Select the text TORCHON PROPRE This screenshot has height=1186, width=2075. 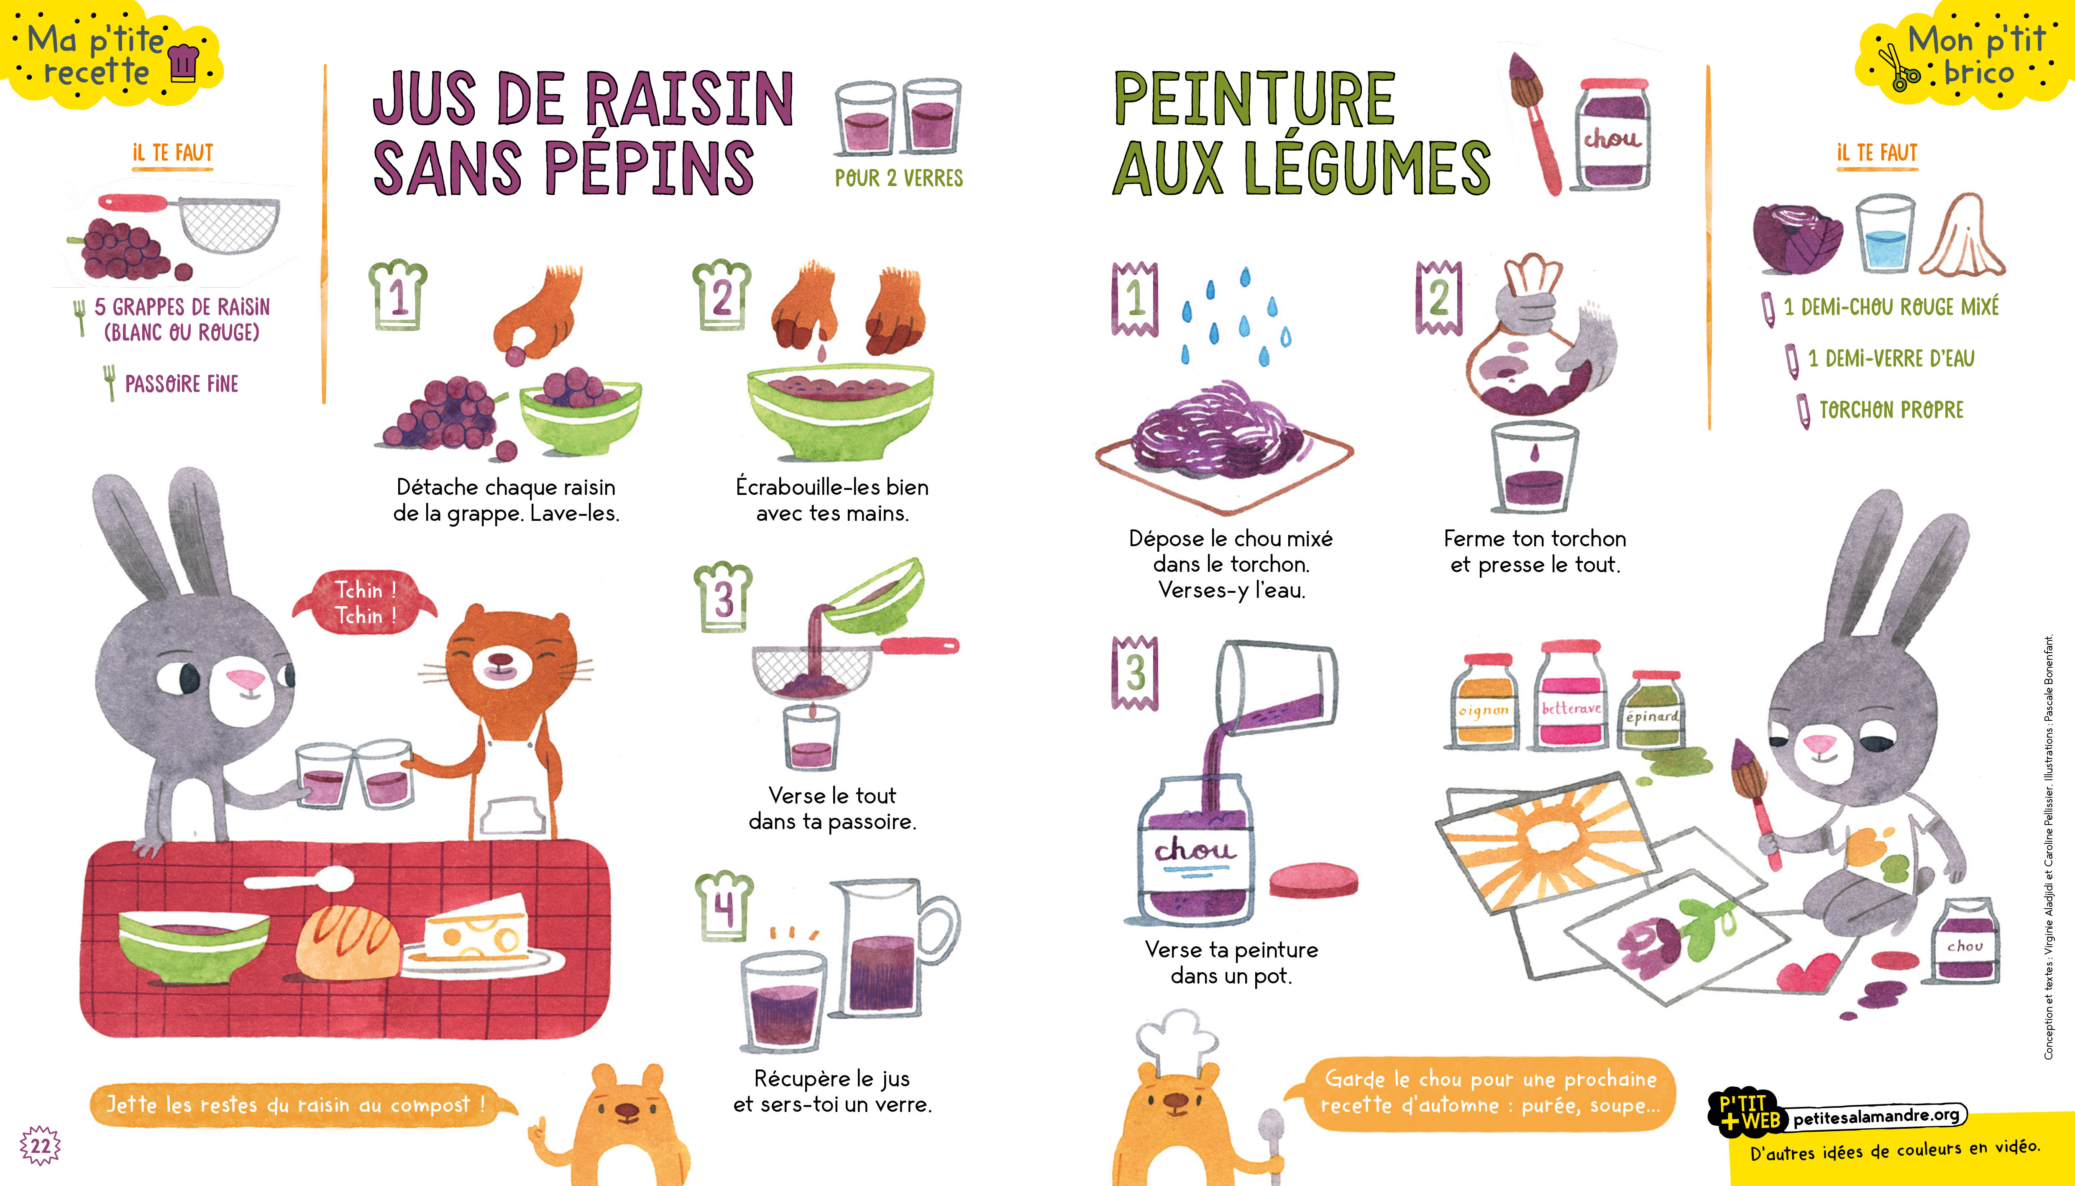1891,410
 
